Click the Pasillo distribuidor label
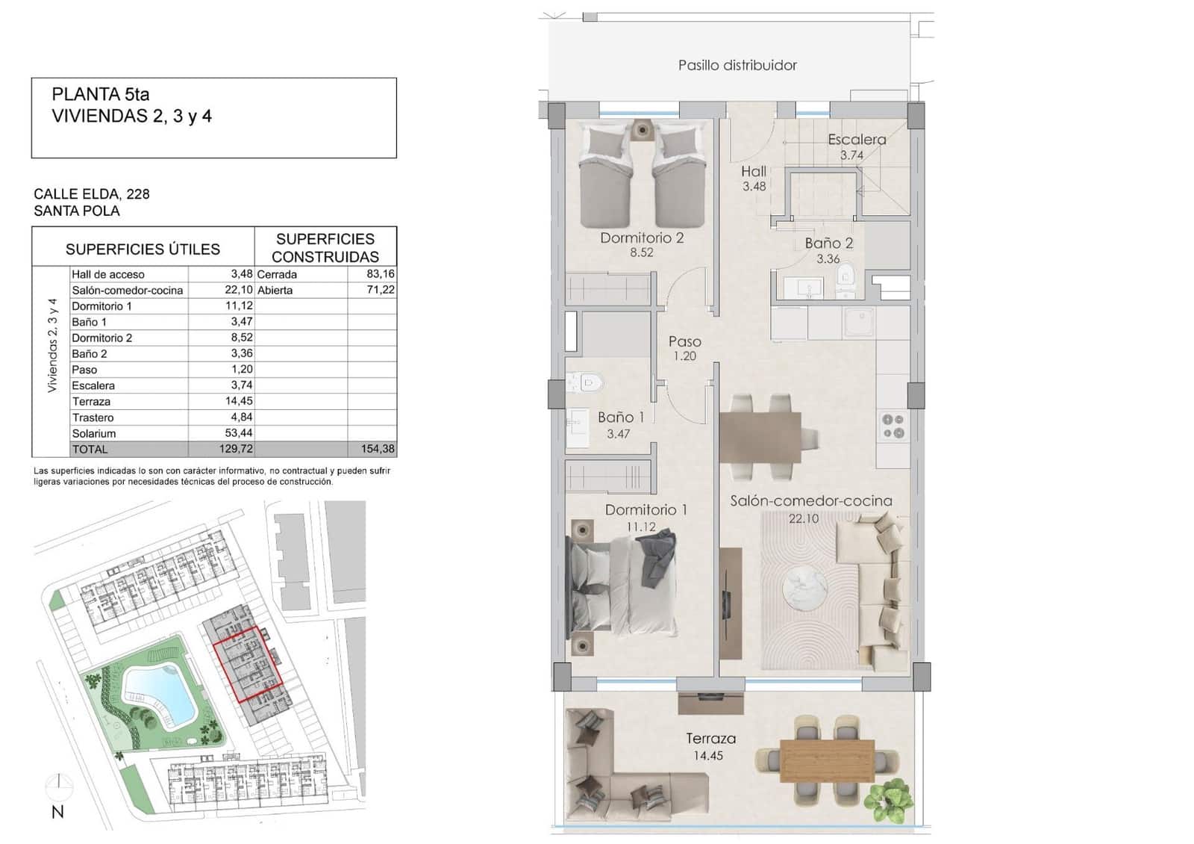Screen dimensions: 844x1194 [x=737, y=66]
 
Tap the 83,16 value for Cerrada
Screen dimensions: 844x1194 [x=381, y=274]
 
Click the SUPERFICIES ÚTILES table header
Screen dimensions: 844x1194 [x=143, y=249]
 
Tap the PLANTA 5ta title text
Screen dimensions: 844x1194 [x=101, y=95]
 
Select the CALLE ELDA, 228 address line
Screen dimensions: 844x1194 [x=92, y=194]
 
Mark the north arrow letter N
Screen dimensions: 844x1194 [x=57, y=813]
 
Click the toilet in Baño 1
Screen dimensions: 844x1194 [x=586, y=384]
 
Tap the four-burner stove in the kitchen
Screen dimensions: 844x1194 [x=893, y=426]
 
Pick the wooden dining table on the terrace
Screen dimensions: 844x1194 [x=827, y=760]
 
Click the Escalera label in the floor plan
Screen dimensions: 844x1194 [x=857, y=140]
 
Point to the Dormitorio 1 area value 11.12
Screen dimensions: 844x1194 [x=641, y=527]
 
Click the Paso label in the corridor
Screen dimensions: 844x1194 [x=684, y=341]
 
